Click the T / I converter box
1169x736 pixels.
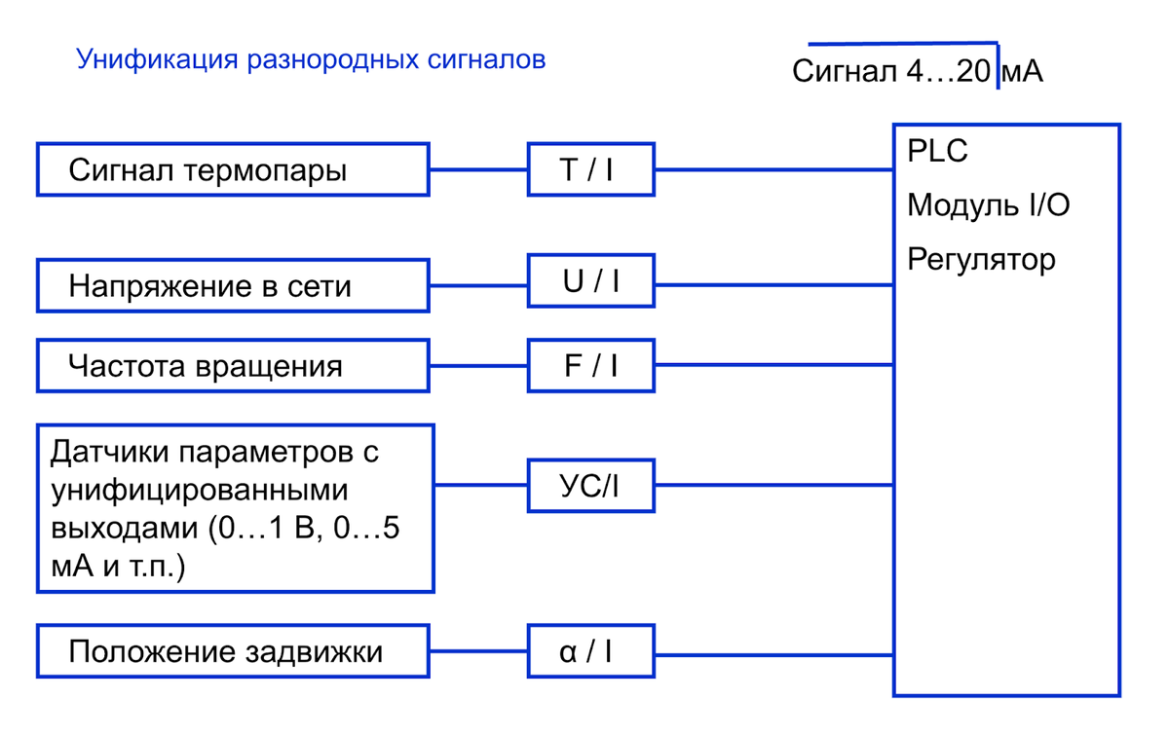pos(590,170)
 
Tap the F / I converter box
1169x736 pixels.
pos(590,365)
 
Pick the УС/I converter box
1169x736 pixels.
pos(590,485)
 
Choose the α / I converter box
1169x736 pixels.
pos(590,651)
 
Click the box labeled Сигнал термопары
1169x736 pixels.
pos(233,170)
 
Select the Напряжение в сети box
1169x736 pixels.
pos(233,286)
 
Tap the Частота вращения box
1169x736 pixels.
pos(233,366)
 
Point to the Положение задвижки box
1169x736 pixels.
pos(233,651)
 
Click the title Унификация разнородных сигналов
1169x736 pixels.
pos(311,59)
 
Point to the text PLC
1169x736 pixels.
pos(937,153)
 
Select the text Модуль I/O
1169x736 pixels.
pos(989,205)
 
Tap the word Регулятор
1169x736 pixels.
pos(981,260)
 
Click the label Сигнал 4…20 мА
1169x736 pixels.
pos(917,72)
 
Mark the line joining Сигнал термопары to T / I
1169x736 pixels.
pos(478,170)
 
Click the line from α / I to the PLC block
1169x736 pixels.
pos(773,651)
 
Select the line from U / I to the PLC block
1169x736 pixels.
pos(773,285)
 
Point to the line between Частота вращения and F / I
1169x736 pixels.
pos(478,365)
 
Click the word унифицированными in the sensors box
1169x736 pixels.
pos(199,490)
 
